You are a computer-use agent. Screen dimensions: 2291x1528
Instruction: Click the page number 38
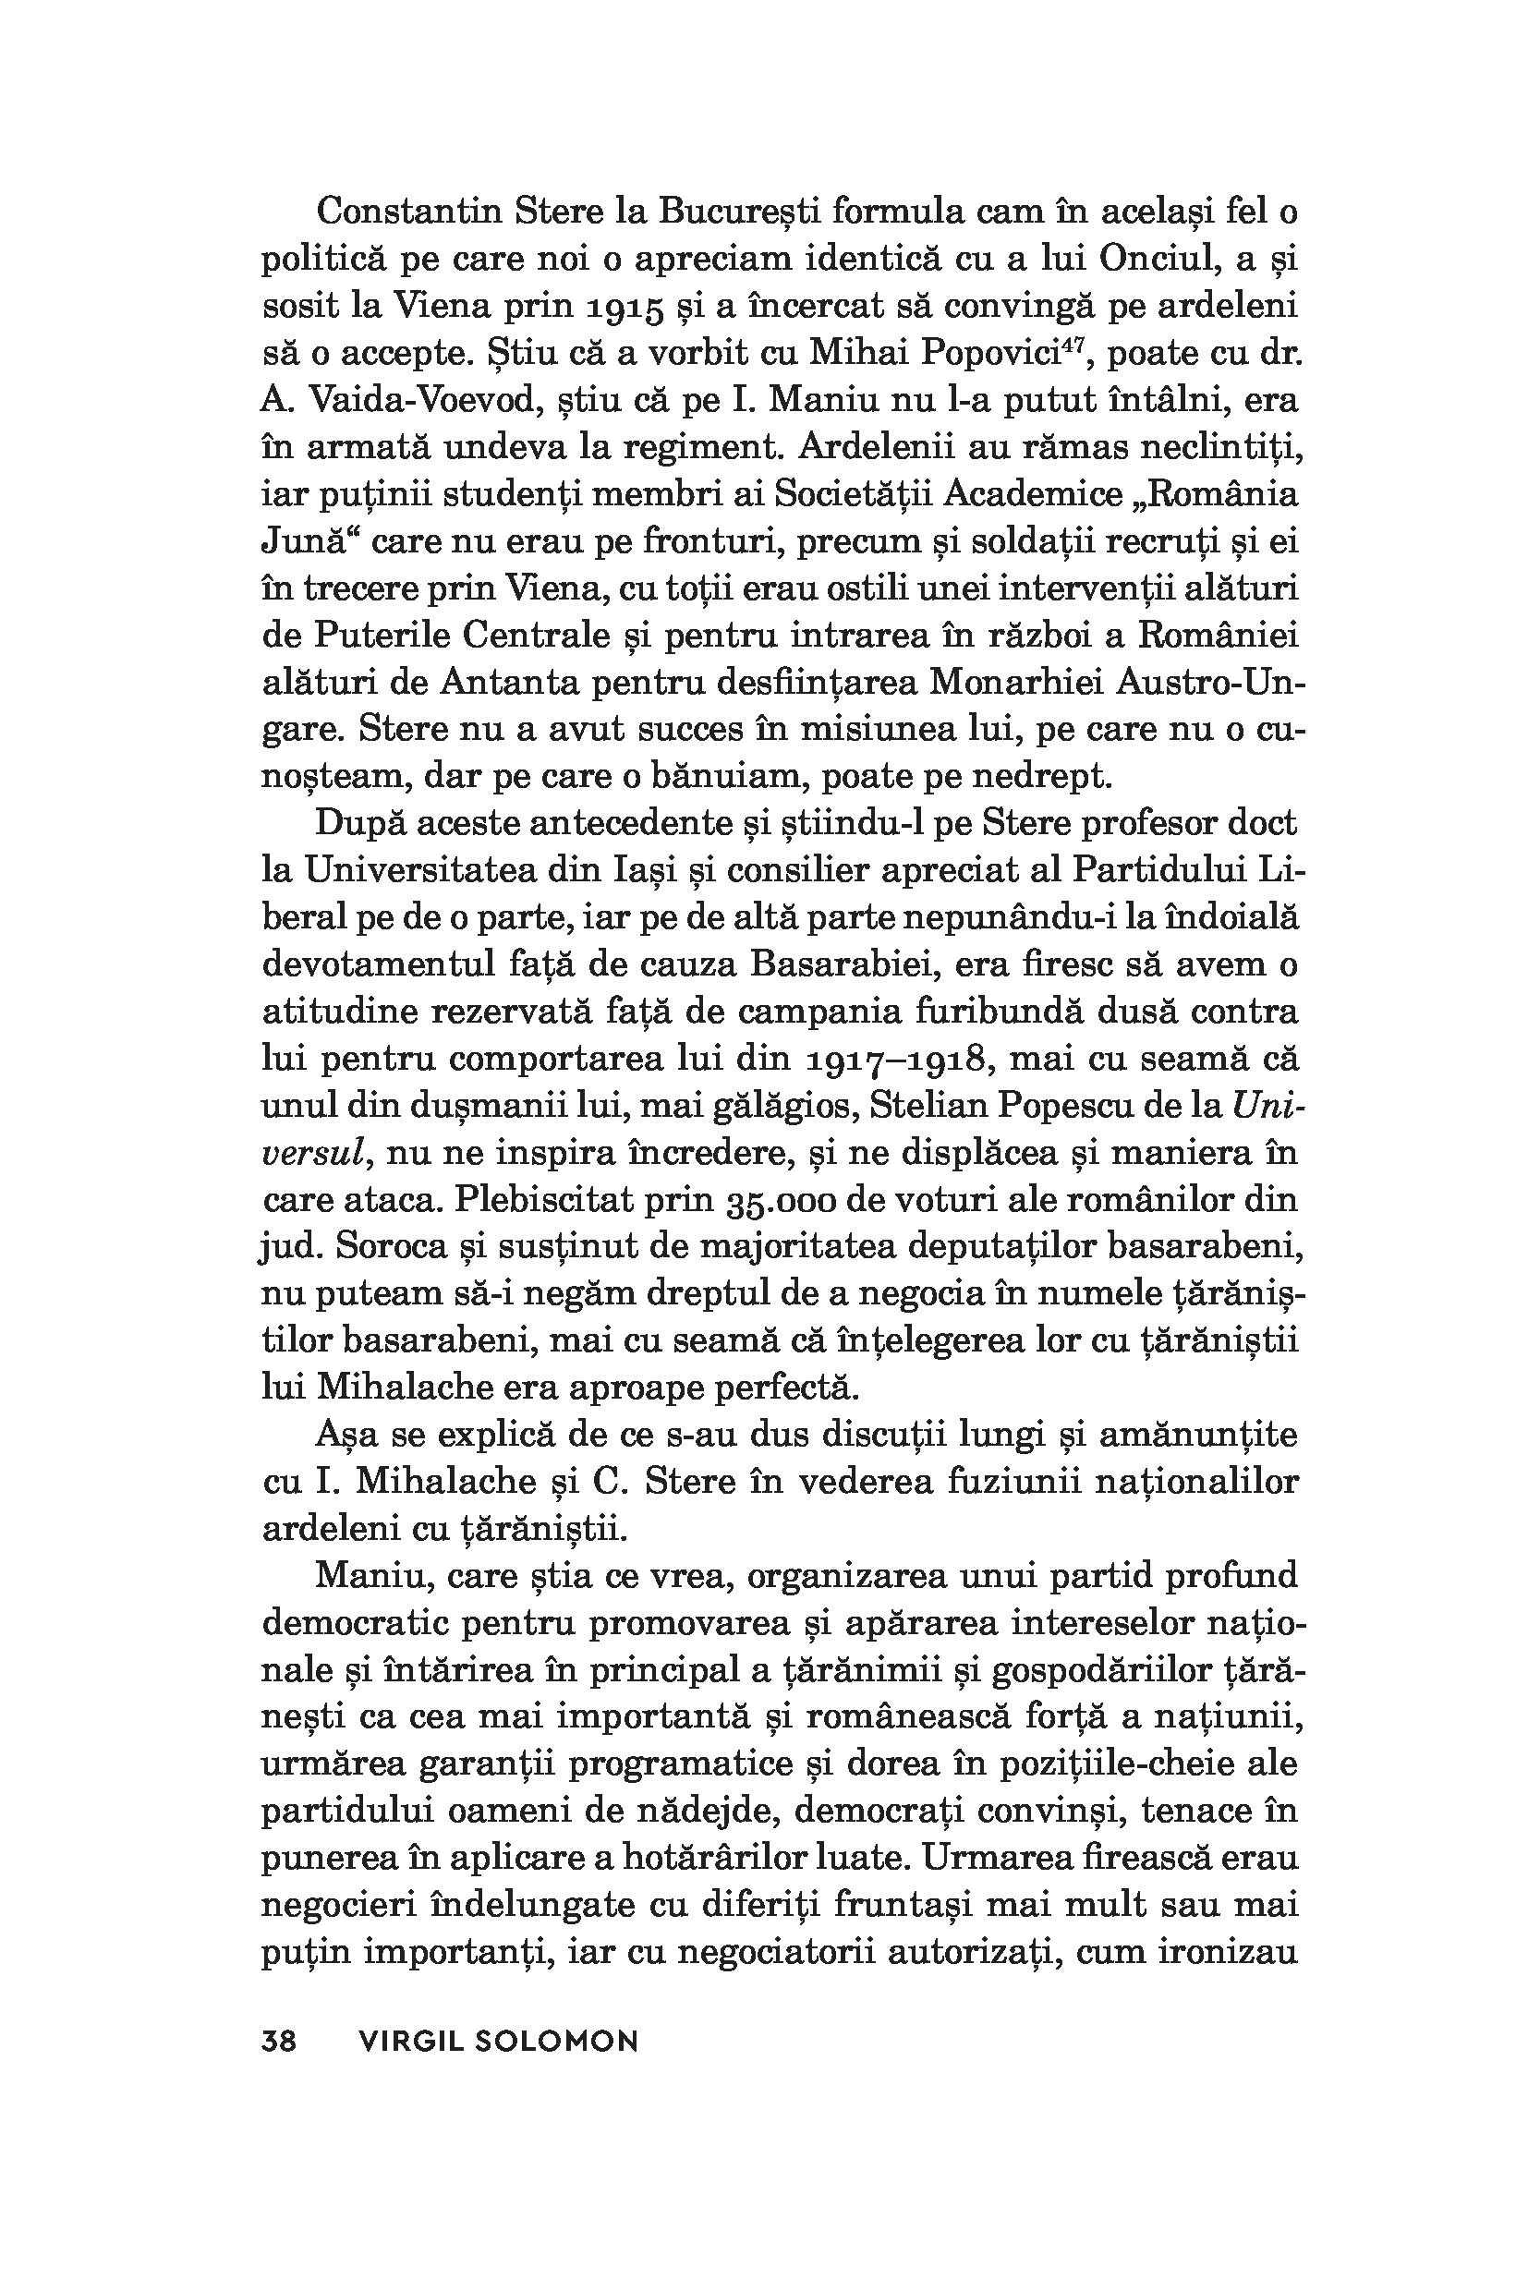pyautogui.click(x=279, y=2041)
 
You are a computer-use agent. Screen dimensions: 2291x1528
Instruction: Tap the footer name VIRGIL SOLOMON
pyautogui.click(x=498, y=2041)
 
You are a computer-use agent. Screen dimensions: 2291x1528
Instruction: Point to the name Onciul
pyautogui.click(x=1170, y=260)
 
